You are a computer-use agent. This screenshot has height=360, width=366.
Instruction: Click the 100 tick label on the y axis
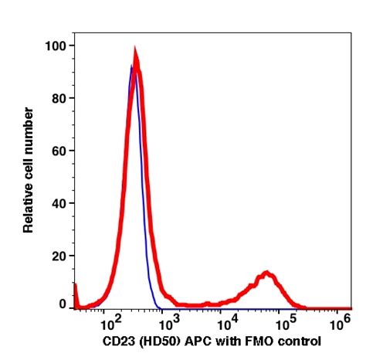click(55, 46)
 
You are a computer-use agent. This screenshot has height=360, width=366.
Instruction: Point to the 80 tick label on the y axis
click(58, 99)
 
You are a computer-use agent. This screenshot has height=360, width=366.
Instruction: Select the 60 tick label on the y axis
click(58, 151)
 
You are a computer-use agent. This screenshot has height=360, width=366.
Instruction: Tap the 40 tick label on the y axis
click(58, 203)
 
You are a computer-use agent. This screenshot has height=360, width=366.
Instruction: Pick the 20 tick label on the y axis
click(58, 256)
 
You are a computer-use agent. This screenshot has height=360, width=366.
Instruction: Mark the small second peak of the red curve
click(267, 273)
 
